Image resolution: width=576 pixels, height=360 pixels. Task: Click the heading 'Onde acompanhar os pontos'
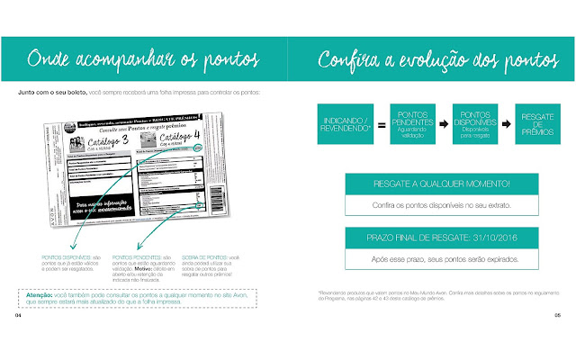[144, 60]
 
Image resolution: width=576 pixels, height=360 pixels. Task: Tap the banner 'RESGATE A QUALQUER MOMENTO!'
[433, 184]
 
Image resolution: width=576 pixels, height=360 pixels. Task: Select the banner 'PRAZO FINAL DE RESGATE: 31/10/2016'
[433, 238]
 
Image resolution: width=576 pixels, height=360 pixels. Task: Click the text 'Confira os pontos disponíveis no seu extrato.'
[433, 204]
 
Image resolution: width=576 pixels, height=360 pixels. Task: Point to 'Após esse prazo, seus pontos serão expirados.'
[433, 257]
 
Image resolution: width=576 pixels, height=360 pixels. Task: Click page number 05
[557, 316]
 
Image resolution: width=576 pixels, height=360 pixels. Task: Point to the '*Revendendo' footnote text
[423, 295]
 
